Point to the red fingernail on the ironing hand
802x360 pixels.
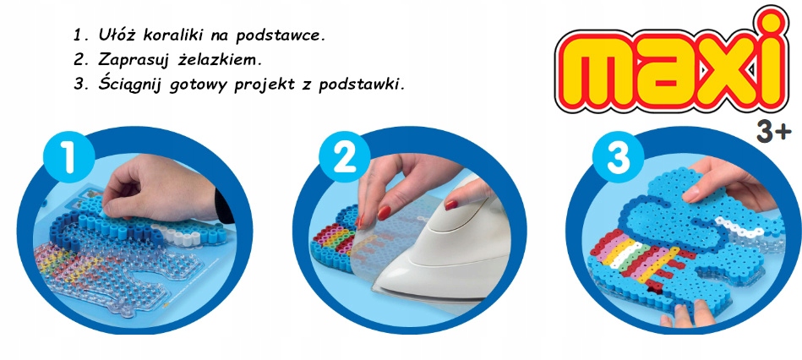(453, 201)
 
